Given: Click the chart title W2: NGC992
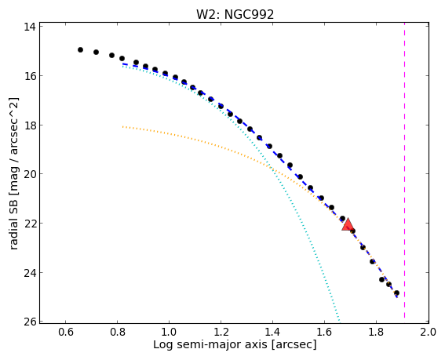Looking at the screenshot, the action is pos(235,14).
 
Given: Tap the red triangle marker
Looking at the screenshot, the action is pos(348,224).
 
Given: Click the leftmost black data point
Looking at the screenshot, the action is pos(80,49).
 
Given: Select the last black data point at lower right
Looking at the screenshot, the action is pos(396,293).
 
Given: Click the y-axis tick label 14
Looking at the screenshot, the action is pos(30,27).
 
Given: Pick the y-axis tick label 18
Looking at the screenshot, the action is pos(30,125).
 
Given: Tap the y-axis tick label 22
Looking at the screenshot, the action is pos(30,224).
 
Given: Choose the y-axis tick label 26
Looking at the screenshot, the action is pos(30,322).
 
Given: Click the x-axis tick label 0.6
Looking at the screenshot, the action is pos(66,332).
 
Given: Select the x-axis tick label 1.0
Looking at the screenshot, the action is pos(170,332).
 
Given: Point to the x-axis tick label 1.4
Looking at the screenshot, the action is pos(273,332).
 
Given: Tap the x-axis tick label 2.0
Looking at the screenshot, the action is pos(429,332).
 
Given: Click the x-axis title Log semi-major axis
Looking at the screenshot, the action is pos(210,344).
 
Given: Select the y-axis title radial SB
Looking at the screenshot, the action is pos(14,223).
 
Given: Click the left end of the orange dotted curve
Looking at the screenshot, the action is pos(123,126).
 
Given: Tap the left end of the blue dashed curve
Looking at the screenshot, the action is pos(123,64).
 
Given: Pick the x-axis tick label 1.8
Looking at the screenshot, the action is pos(376,332).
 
